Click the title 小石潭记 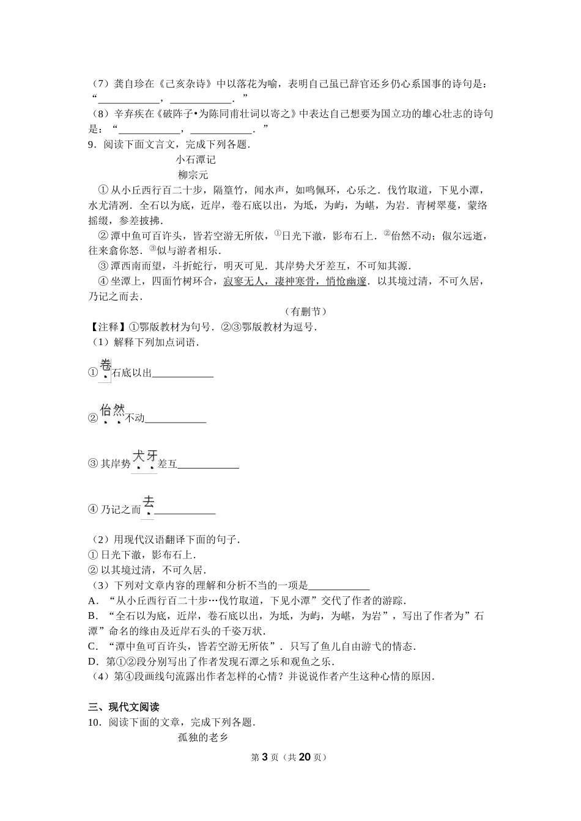[195, 160]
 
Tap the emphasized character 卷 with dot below [105, 366]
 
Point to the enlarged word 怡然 [113, 410]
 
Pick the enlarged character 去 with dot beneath [148, 502]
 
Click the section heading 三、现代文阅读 [124, 707]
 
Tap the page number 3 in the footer [265, 757]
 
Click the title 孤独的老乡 [202, 738]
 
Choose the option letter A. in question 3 [94, 601]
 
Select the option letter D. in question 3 [94, 662]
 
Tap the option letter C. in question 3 [94, 646]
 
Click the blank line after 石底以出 [183, 374]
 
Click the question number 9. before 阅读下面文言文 [93, 145]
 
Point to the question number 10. [95, 723]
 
